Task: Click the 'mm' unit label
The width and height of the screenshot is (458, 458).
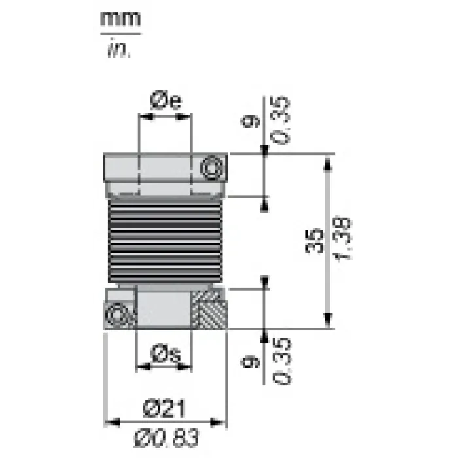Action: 120,19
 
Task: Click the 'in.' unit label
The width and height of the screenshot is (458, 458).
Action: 119,48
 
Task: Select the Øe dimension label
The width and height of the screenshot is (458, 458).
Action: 166,100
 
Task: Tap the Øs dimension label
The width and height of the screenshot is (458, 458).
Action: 166,353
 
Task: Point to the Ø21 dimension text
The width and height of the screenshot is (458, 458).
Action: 164,408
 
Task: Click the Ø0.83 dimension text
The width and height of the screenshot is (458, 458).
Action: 166,438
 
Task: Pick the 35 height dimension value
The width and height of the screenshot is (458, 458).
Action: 314,241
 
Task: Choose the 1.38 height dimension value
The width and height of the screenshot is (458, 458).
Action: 342,238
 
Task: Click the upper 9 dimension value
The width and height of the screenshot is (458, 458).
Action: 251,122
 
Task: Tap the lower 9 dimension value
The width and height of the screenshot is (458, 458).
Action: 251,362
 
